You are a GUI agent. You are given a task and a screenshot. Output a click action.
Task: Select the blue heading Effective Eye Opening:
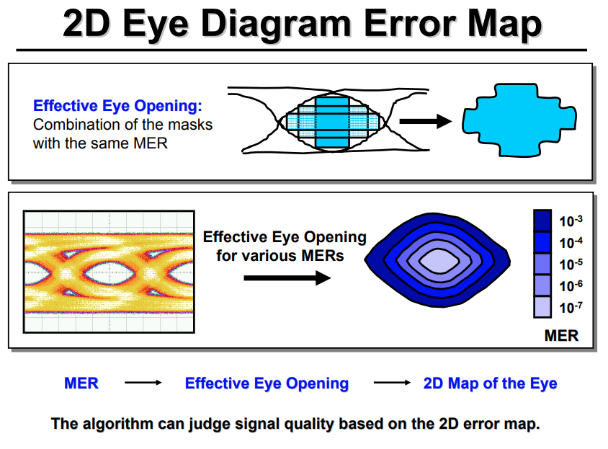click(117, 106)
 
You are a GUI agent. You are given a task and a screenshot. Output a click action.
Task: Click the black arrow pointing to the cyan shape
click(425, 120)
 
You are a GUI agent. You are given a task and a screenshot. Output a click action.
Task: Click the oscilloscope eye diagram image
click(109, 272)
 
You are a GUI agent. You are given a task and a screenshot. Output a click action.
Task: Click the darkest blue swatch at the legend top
click(542, 219)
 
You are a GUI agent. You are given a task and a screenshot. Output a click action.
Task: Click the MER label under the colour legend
click(560, 336)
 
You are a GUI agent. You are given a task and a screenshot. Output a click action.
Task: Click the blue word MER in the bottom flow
click(81, 383)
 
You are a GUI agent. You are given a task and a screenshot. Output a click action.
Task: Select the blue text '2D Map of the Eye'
click(491, 383)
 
